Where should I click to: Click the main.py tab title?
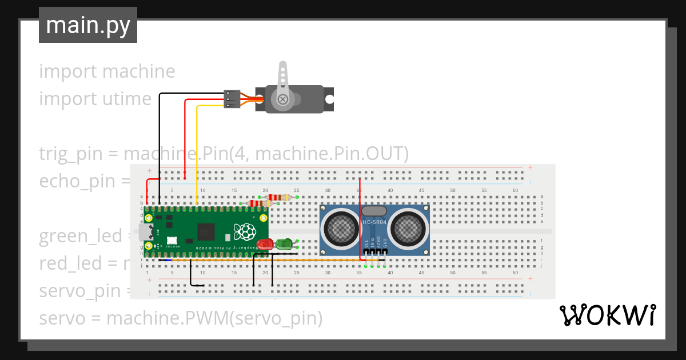tap(87, 25)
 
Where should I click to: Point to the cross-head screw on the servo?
tap(282, 99)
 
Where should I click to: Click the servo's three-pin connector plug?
tap(231, 99)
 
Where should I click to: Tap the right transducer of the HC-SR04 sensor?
tap(407, 227)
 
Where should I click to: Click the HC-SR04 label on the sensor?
tap(374, 222)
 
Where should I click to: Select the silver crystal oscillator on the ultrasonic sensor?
tap(374, 211)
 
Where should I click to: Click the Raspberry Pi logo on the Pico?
tap(245, 232)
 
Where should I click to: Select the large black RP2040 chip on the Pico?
tap(206, 232)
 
